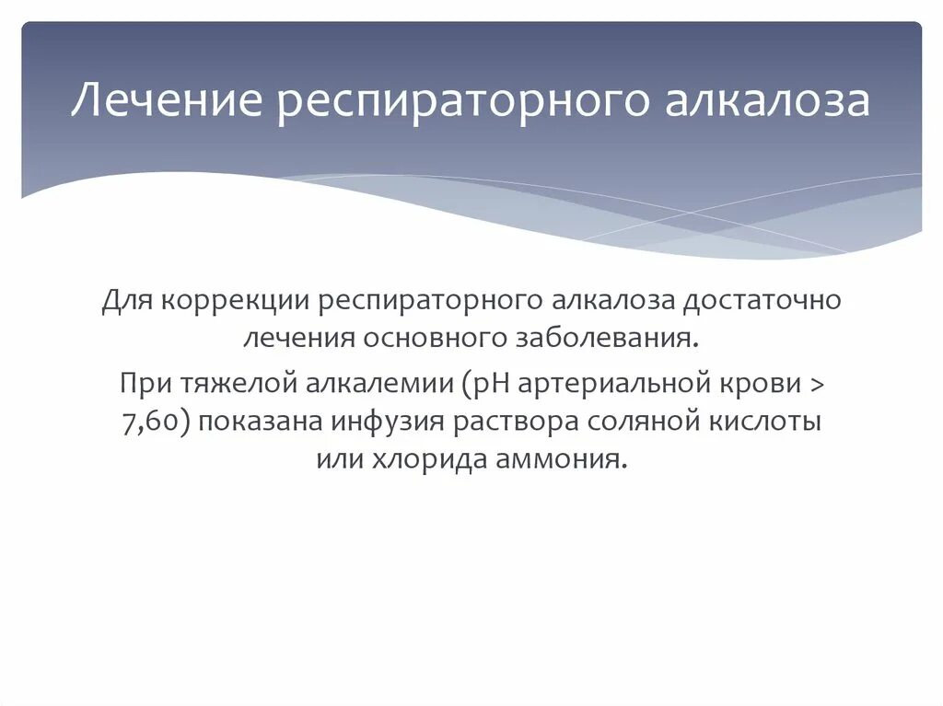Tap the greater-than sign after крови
820,382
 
